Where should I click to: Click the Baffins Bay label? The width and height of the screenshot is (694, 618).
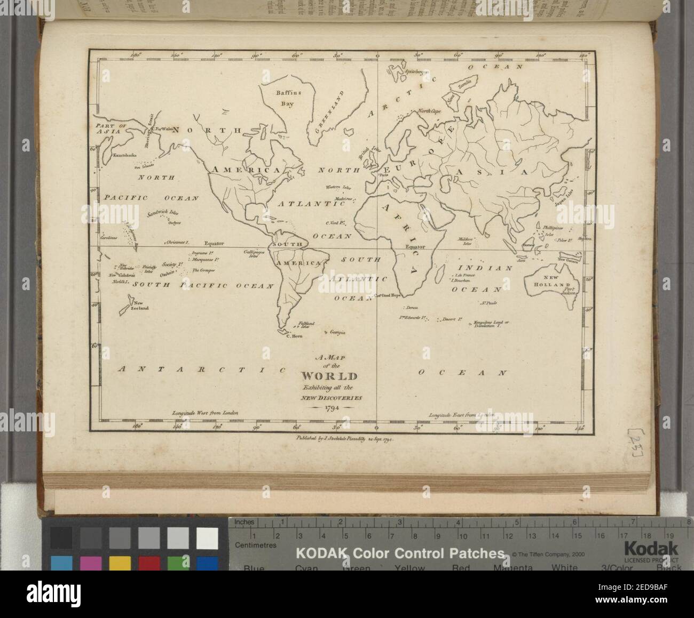click(x=289, y=96)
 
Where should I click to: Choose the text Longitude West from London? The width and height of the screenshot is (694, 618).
click(x=204, y=413)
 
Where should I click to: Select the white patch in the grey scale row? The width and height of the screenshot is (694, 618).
click(x=207, y=538)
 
